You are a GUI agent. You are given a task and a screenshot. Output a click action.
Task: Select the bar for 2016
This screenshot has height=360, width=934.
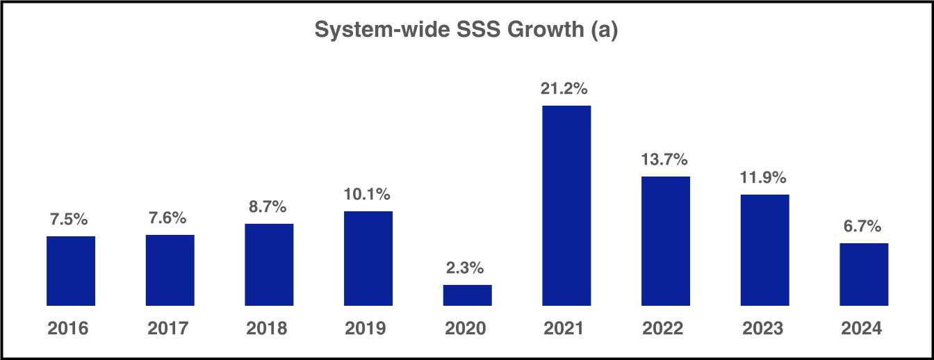tap(71, 271)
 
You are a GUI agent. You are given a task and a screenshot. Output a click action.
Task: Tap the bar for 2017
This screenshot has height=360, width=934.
tap(170, 270)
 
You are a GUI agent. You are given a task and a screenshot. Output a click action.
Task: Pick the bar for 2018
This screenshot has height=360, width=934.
tap(269, 265)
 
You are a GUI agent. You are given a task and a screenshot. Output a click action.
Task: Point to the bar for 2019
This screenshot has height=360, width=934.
tap(368, 259)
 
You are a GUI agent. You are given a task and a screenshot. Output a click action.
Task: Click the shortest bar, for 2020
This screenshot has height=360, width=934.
tap(467, 295)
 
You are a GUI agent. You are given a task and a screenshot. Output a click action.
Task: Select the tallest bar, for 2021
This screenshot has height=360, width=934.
tap(566, 206)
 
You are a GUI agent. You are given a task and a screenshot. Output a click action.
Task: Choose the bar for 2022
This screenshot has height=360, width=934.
tap(665, 241)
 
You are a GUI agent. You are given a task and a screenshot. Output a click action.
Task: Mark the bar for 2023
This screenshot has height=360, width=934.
tap(764, 250)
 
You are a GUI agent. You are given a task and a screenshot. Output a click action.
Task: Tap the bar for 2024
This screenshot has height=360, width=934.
tap(864, 275)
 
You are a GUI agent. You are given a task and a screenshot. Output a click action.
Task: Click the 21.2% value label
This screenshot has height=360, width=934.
tap(566, 89)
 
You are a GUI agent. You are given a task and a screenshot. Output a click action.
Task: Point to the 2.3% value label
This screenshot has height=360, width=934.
tap(467, 268)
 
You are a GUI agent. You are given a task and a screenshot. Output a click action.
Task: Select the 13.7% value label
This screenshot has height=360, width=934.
tap(665, 160)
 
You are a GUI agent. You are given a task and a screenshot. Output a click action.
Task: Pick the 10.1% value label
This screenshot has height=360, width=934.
tap(368, 195)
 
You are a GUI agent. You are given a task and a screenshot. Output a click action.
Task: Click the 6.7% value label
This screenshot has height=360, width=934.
tap(864, 227)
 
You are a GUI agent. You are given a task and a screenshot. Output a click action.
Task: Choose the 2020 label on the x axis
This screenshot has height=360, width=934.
tap(467, 328)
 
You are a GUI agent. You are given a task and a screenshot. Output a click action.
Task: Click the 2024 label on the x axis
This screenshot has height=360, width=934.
tap(864, 328)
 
